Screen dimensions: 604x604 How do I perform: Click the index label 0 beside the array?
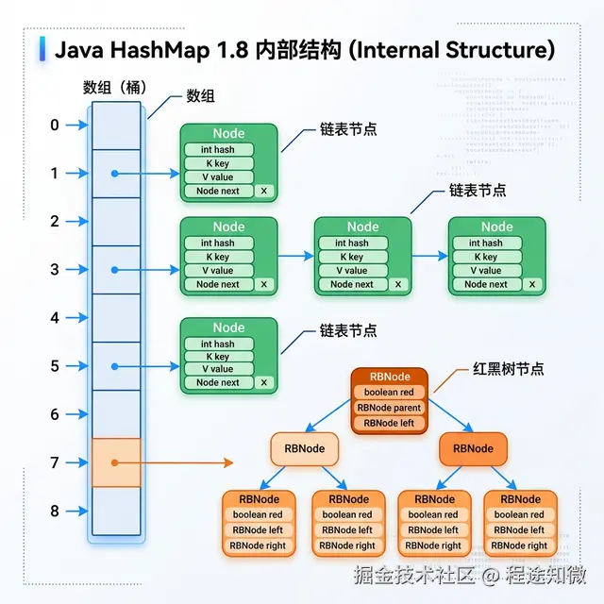point(55,126)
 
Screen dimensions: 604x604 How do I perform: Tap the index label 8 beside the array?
point(55,511)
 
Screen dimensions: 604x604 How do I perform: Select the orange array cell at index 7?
point(116,462)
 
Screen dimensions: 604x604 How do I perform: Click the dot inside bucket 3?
point(113,270)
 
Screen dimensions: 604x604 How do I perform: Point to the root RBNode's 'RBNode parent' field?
point(390,408)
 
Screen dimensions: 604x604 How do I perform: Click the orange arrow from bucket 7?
point(189,462)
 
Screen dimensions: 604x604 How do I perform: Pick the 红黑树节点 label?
point(511,369)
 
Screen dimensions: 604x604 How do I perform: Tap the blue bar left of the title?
point(42,50)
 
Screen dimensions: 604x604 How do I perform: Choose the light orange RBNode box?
point(304,448)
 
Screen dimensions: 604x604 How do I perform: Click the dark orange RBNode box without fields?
point(474,448)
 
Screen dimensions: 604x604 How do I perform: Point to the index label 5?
point(55,366)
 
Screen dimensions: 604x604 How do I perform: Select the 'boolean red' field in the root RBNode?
point(390,393)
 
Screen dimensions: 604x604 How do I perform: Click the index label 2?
point(55,222)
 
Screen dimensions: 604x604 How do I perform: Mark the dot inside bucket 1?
point(113,174)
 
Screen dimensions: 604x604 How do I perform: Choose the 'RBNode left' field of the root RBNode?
point(390,423)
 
